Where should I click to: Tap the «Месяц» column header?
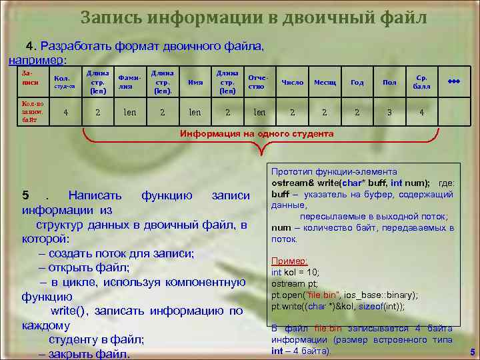pyautogui.click(x=325, y=83)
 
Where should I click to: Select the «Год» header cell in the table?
pyautogui.click(x=357, y=83)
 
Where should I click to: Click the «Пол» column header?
pyautogui.click(x=389, y=83)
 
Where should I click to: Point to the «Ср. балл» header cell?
pyautogui.click(x=422, y=82)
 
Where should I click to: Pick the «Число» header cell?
pyautogui.click(x=292, y=83)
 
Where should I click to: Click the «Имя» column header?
pyautogui.click(x=195, y=83)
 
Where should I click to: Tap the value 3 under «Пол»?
pyautogui.click(x=389, y=113)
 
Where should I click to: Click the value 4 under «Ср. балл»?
pyautogui.click(x=421, y=113)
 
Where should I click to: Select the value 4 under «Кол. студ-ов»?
pyautogui.click(x=65, y=113)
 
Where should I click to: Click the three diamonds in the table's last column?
pyautogui.click(x=454, y=80)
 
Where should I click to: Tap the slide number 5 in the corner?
pyautogui.click(x=471, y=352)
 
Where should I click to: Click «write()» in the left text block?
pyautogui.click(x=71, y=311)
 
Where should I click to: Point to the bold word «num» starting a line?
pyautogui.click(x=281, y=227)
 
